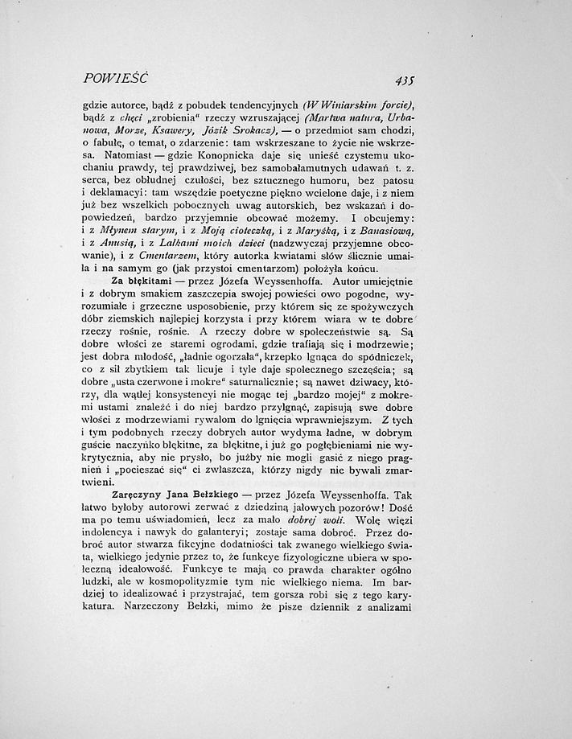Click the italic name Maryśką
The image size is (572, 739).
pyautogui.click(x=322, y=230)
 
